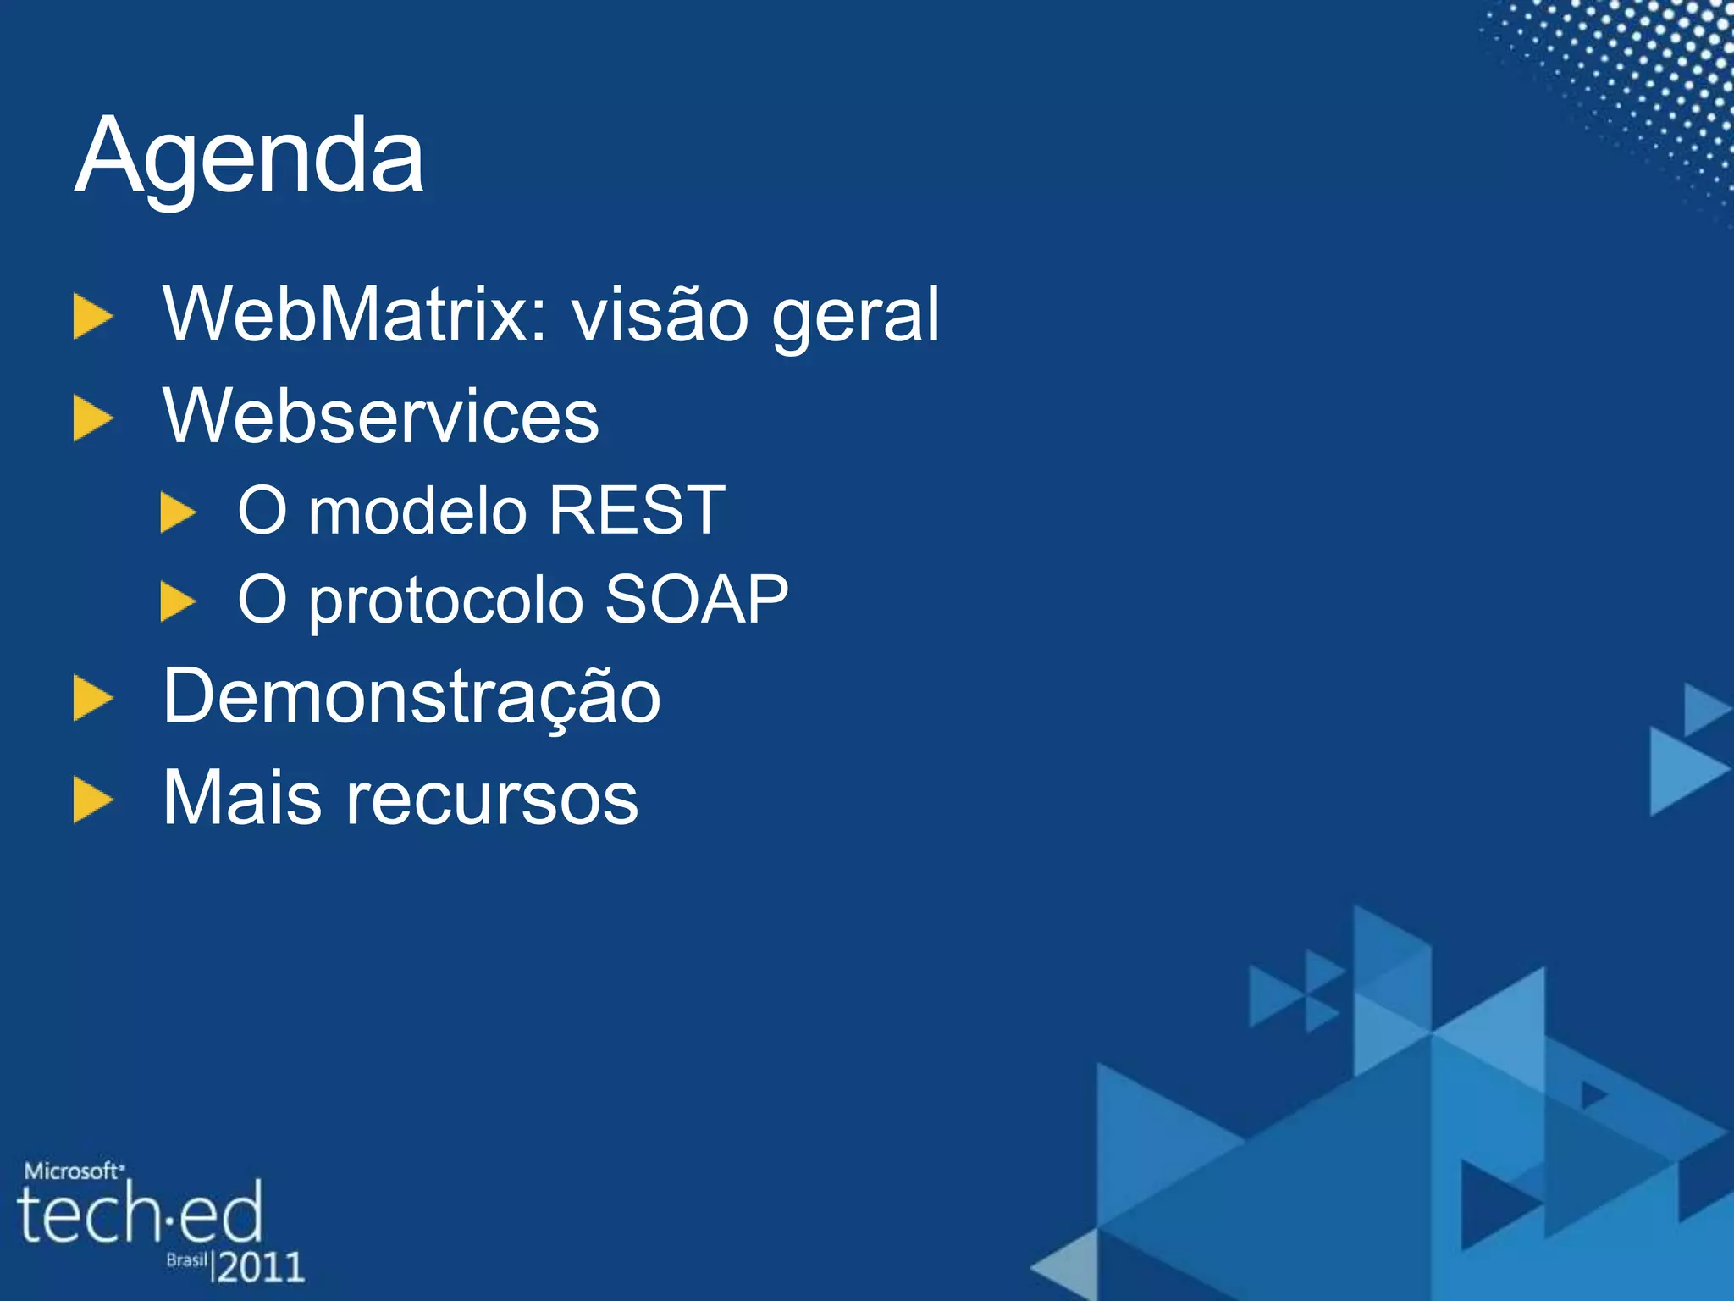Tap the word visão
click(x=660, y=315)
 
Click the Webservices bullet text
click(x=381, y=416)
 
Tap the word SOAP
click(x=696, y=600)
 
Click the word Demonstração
click(x=411, y=698)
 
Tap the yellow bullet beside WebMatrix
click(x=92, y=317)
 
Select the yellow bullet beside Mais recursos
click(x=92, y=800)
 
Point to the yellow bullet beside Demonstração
click(x=92, y=699)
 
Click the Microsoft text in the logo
click(x=73, y=1171)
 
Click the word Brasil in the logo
click(x=186, y=1260)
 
